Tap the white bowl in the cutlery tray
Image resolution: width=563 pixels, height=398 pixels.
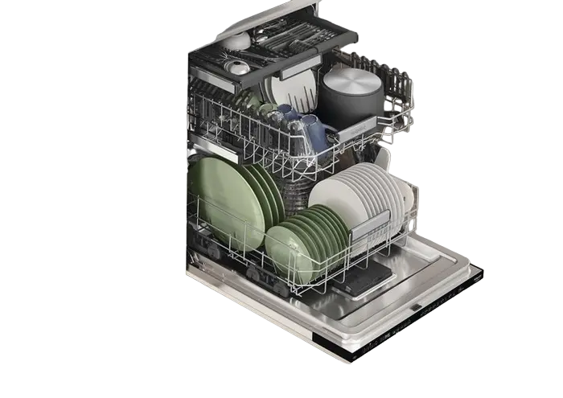[237, 39]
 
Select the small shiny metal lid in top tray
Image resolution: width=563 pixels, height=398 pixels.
[239, 67]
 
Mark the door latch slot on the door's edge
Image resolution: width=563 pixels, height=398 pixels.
[416, 306]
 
